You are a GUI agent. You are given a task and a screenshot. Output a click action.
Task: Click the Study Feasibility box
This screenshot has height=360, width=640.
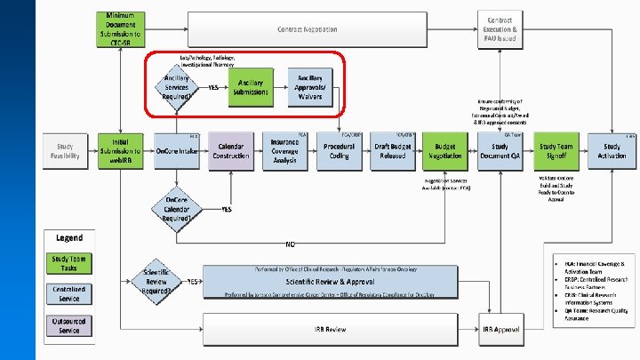coord(67,150)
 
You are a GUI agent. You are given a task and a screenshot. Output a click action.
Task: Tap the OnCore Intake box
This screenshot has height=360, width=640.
coord(176,150)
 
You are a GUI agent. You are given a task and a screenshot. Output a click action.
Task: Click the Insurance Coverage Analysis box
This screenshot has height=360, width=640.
coord(284,150)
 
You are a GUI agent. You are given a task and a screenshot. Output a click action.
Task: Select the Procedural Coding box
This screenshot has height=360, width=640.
coord(339,150)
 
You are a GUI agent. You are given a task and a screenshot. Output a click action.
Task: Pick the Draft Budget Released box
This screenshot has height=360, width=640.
coord(391,150)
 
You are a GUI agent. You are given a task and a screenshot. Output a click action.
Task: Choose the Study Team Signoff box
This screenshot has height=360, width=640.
coord(555,150)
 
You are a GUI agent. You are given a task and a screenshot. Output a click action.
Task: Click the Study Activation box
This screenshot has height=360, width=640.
coord(612,150)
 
